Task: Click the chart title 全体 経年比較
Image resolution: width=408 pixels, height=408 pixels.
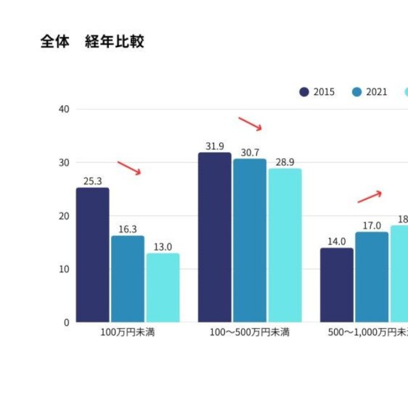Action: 92,42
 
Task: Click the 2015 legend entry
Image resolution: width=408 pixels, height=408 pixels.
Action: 317,92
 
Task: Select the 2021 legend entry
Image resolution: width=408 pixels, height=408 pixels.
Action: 370,92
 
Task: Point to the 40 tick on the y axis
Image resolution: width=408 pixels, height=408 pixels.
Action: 64,109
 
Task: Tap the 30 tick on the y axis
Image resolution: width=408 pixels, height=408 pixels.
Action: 64,163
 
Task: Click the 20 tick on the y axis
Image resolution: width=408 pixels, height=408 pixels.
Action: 64,216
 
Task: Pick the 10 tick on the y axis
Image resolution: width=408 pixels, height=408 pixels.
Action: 64,269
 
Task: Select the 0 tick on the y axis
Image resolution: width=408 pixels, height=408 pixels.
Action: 66,323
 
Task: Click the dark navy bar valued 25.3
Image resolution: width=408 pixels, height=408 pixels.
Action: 92,255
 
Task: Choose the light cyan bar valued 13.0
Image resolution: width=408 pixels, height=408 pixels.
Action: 163,288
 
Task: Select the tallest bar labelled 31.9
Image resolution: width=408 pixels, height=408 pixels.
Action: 214,237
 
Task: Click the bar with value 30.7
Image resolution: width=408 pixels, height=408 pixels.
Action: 250,240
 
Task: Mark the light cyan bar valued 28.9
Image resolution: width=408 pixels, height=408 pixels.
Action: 285,245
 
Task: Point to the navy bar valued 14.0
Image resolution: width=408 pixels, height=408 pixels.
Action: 337,285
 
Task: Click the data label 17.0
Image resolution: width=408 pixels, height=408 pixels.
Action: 372,226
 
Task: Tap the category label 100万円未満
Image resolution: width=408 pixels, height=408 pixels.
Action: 127,333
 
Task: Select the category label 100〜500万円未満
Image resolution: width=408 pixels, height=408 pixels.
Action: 250,333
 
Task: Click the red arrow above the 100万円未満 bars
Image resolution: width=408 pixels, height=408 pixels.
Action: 129,168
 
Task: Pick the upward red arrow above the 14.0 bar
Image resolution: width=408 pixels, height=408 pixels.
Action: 369,197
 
